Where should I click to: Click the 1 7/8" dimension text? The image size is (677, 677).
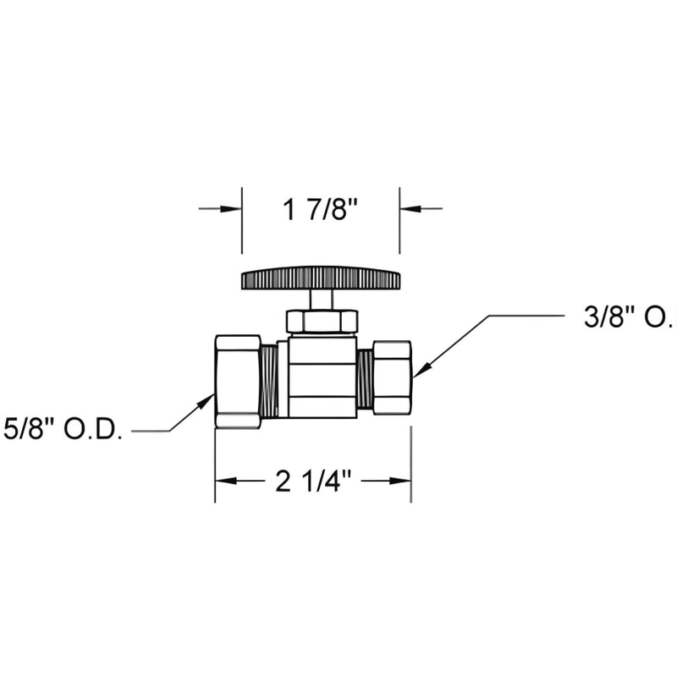(321, 210)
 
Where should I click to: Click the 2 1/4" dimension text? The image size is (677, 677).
(313, 481)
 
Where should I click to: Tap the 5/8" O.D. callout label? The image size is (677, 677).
(63, 430)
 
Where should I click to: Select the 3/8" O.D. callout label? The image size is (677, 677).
(630, 317)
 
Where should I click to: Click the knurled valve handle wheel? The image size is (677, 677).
(321, 278)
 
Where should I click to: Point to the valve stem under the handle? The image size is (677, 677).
(321, 300)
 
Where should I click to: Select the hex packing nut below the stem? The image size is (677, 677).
(322, 322)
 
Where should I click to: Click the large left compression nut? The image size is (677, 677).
(238, 382)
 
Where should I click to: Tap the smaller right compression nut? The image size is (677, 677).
(392, 377)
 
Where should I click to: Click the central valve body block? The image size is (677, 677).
(322, 377)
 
